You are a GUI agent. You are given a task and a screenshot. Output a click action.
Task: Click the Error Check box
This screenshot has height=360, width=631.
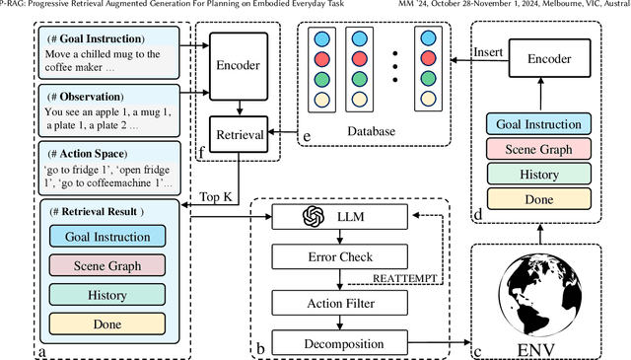click(x=338, y=253)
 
